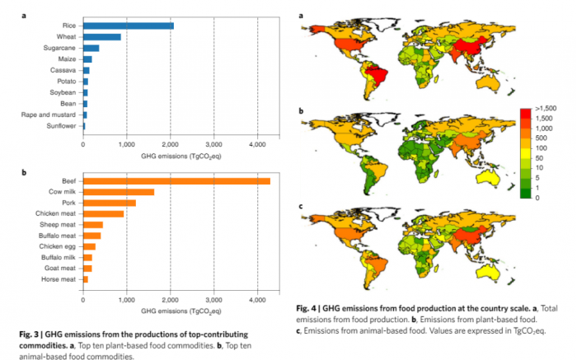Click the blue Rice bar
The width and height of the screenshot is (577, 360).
[128, 26]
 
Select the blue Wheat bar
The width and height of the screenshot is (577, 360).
[101, 37]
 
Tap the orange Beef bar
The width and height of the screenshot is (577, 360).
[176, 180]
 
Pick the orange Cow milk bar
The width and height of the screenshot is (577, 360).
[118, 192]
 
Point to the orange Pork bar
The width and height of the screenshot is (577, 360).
[109, 203]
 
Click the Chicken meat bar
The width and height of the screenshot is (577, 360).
[103, 213]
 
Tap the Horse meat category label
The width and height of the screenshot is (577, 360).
[60, 280]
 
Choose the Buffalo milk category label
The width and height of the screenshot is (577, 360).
[59, 258]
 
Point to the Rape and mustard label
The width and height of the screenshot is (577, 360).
[52, 115]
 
